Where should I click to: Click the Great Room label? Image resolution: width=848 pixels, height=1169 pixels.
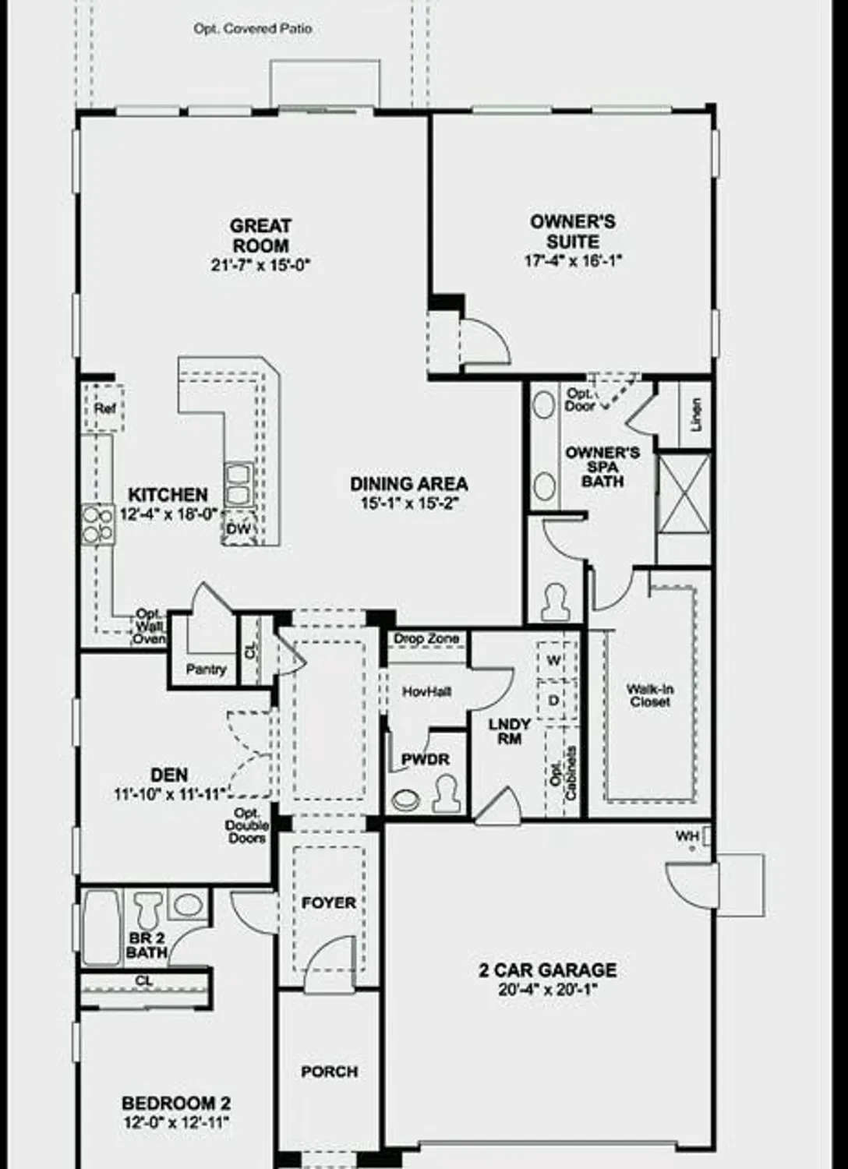pos(260,235)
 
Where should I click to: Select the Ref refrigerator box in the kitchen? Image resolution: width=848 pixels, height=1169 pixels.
pos(104,408)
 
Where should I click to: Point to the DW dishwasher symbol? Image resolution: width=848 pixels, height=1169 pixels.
pos(238,529)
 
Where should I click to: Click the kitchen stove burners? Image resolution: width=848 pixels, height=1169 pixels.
pos(97,524)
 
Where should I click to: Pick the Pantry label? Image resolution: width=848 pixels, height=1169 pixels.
pos(206,669)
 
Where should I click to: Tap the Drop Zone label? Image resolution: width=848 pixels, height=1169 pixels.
pos(426,639)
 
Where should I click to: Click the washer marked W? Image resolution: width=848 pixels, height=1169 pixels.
pos(553,661)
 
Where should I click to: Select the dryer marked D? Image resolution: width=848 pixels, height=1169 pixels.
pos(553,701)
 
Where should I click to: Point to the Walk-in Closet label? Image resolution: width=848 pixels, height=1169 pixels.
pos(650,695)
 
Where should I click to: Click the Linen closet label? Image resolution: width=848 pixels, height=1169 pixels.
pos(696,414)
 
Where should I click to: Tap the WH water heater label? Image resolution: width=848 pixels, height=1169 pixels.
pos(687,836)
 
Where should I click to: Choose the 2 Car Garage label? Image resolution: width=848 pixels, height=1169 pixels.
pos(547,970)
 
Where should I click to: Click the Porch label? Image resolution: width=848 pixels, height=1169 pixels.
pos(330,1072)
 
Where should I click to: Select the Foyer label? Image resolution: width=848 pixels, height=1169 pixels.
pos(329,903)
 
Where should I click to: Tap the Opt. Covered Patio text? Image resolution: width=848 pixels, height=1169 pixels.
pos(253,29)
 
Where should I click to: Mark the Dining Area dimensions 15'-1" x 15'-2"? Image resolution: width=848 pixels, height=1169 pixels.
pos(408,503)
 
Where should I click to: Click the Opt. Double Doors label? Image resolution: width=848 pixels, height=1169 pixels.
pos(247,826)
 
